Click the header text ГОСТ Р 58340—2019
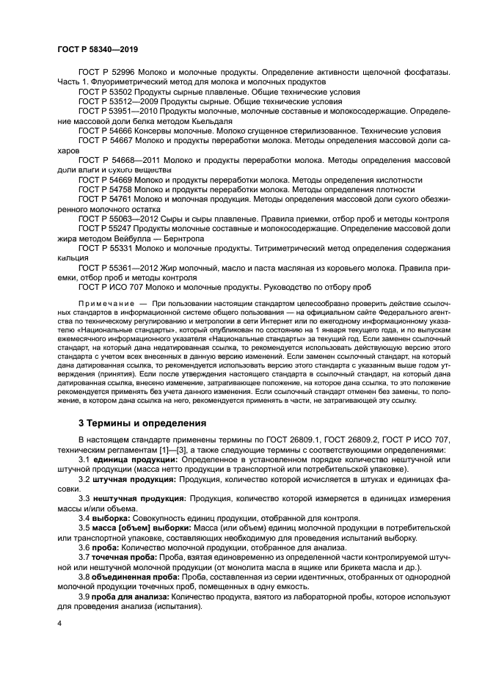pyautogui.click(x=98, y=48)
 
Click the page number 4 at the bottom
pyautogui.click(x=59, y=624)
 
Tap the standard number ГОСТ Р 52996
pyautogui.click(x=106, y=73)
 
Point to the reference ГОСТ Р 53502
pyautogui.click(x=106, y=92)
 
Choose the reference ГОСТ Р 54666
pyautogui.click(x=106, y=131)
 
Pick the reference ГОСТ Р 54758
pyautogui.click(x=106, y=189)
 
